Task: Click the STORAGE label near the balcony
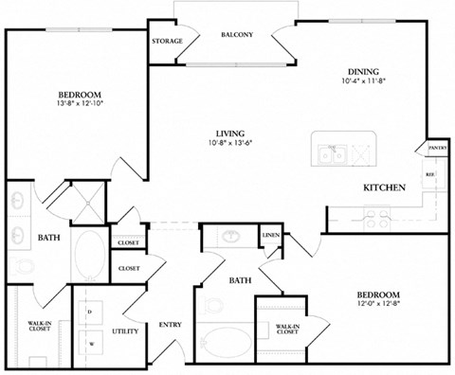tap(167, 42)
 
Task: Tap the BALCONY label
tap(237, 35)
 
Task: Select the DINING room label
tap(364, 71)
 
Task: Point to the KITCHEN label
tap(386, 188)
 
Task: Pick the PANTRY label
tap(437, 148)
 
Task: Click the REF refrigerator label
tap(429, 175)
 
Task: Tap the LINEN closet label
tap(271, 236)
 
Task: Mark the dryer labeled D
tap(89, 311)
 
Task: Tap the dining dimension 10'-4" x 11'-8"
tap(364, 81)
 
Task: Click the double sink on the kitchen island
tap(333, 152)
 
